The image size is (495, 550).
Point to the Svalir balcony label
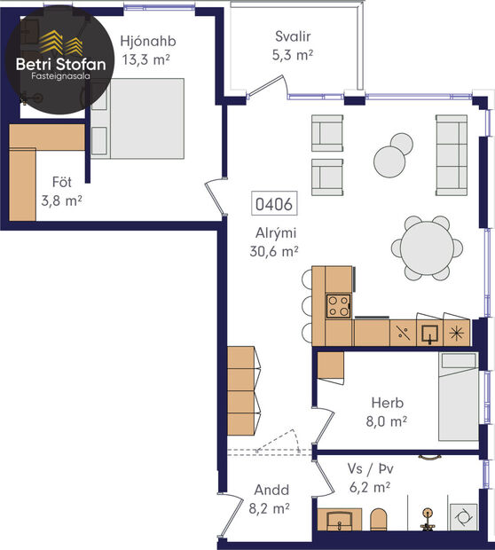pos(293,37)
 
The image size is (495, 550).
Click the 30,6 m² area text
pos(273,251)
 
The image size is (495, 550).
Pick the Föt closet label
pos(61,183)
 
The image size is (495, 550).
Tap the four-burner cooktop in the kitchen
pos(338,305)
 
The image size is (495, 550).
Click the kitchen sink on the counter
pos(429,334)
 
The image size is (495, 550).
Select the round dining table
pos(428,247)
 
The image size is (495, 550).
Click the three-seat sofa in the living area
pos(451,155)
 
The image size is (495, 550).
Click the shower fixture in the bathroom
pos(428,517)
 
